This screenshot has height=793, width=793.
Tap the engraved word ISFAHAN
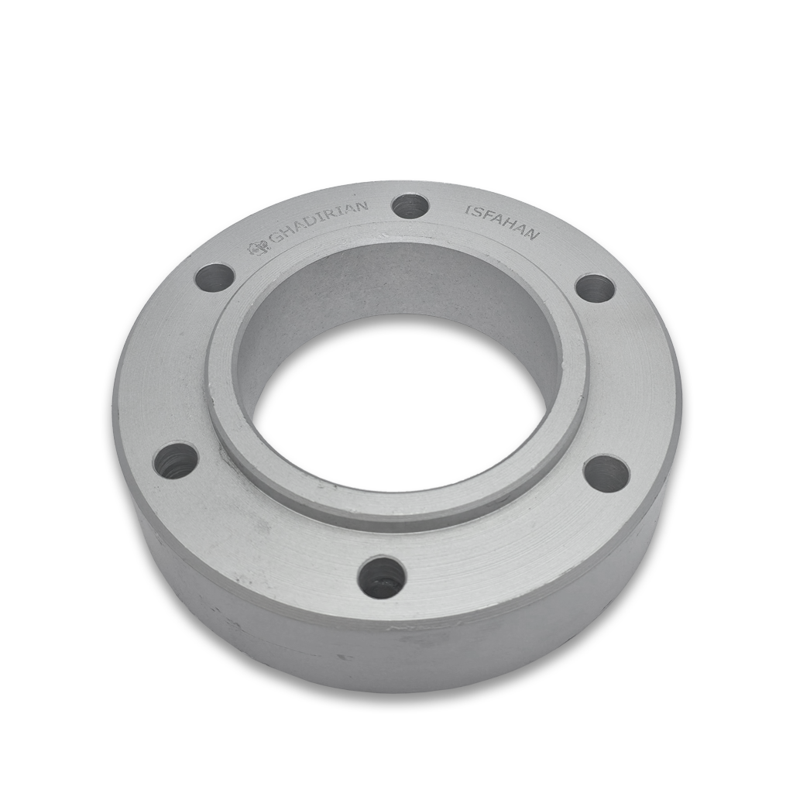pos(502,222)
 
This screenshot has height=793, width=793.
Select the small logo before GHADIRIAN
pos(256,247)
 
